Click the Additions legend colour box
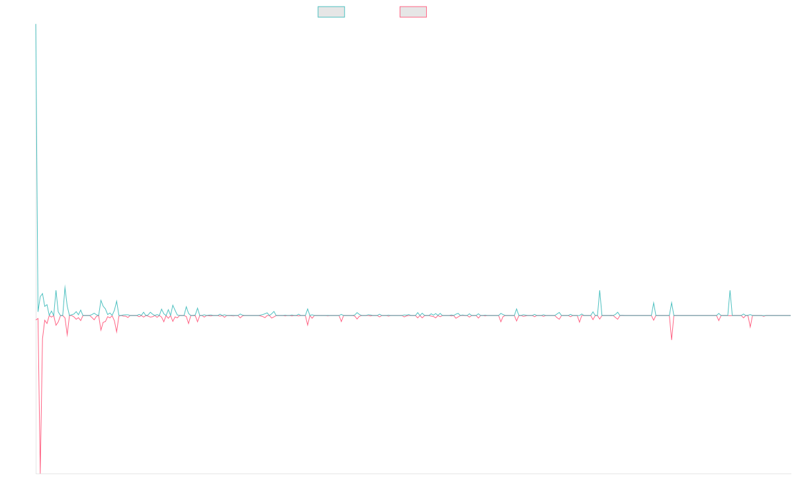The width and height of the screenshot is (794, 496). tap(331, 12)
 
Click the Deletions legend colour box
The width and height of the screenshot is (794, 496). tap(413, 12)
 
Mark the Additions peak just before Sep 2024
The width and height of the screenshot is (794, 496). tap(599, 290)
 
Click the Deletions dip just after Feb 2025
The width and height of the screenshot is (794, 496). tap(672, 339)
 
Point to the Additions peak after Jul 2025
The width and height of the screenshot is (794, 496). tap(730, 290)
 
